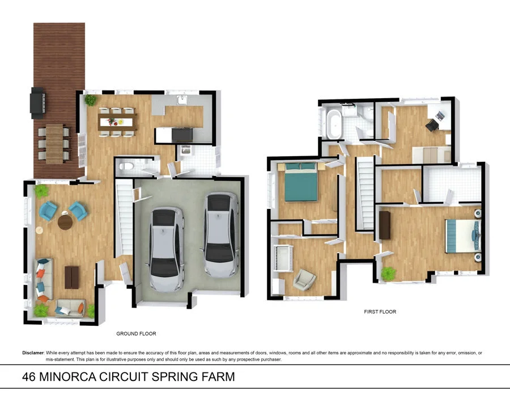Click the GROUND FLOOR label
(136, 334)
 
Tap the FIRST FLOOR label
(380, 312)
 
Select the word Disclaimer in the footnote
(33, 353)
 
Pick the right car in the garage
(220, 233)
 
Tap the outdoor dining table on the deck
(54, 143)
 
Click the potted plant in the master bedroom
(388, 274)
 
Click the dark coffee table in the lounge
(72, 276)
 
